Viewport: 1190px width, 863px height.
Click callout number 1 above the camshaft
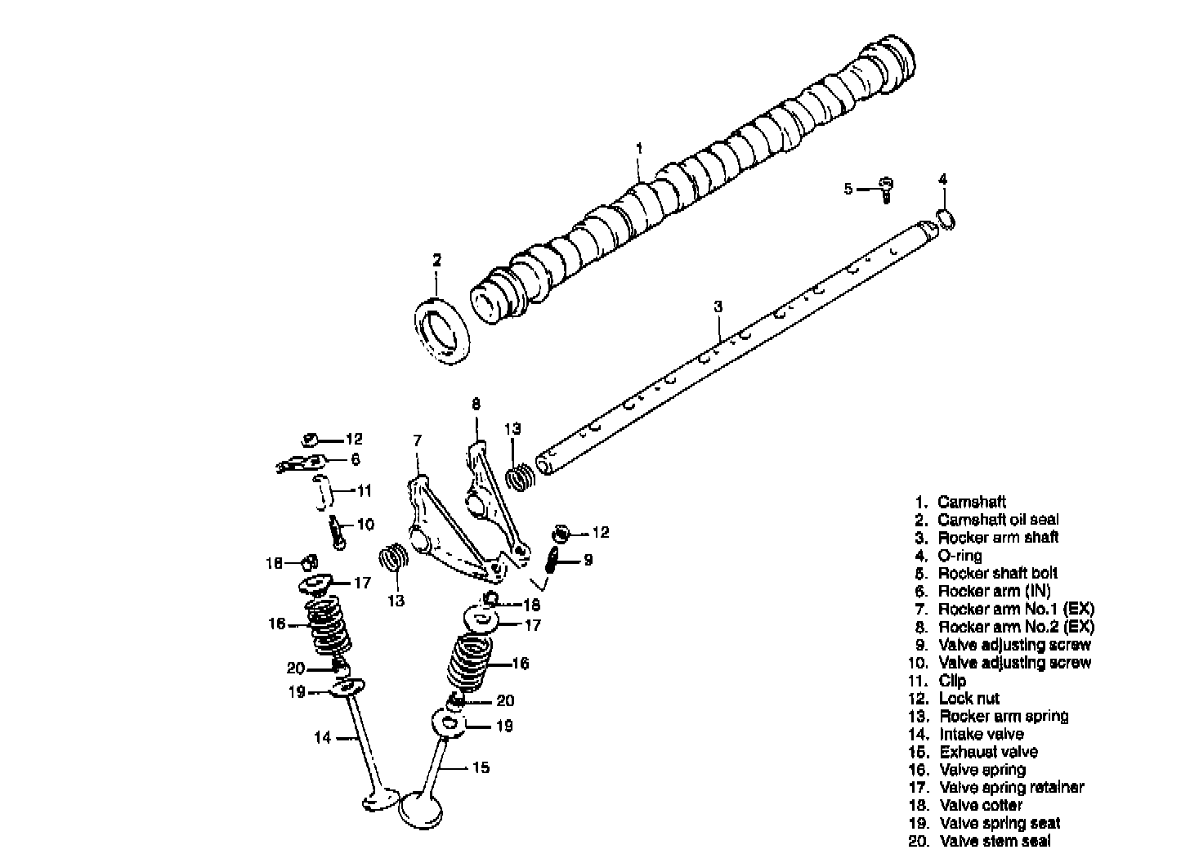tap(639, 148)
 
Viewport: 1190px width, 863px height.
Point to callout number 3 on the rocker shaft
tap(718, 306)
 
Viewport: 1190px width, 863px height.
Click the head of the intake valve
tap(380, 799)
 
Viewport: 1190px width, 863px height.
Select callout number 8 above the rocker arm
tap(476, 404)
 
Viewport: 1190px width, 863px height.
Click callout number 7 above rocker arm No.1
tap(417, 440)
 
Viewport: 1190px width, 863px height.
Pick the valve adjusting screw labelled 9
tap(552, 561)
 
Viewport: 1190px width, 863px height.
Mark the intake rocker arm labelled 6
tap(300, 463)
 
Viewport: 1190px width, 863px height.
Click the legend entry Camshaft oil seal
tap(997, 520)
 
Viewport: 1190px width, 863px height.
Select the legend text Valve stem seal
tap(995, 841)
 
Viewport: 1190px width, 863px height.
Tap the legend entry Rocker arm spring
tap(1003, 716)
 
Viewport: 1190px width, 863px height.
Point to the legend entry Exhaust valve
tap(988, 752)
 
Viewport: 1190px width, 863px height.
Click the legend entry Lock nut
tap(969, 698)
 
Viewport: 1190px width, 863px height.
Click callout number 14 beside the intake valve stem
tap(323, 738)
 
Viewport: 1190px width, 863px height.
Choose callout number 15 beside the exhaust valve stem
tap(481, 767)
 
